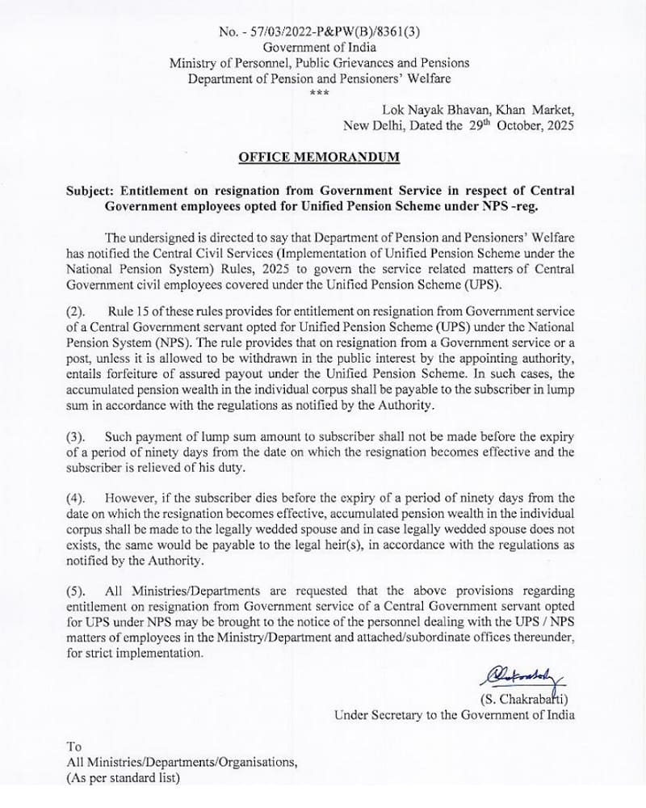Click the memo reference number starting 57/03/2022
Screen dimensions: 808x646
click(331, 32)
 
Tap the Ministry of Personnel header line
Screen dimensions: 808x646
click(319, 63)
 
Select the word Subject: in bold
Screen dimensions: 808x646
click(91, 191)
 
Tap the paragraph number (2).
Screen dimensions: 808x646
click(78, 311)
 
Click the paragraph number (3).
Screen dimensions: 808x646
click(78, 437)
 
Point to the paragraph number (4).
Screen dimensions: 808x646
click(78, 499)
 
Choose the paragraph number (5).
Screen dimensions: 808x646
click(78, 591)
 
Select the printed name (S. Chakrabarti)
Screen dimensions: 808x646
click(525, 699)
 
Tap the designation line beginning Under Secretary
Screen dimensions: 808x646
click(455, 715)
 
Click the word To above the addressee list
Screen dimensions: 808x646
click(74, 747)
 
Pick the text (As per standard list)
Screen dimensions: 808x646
click(123, 779)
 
